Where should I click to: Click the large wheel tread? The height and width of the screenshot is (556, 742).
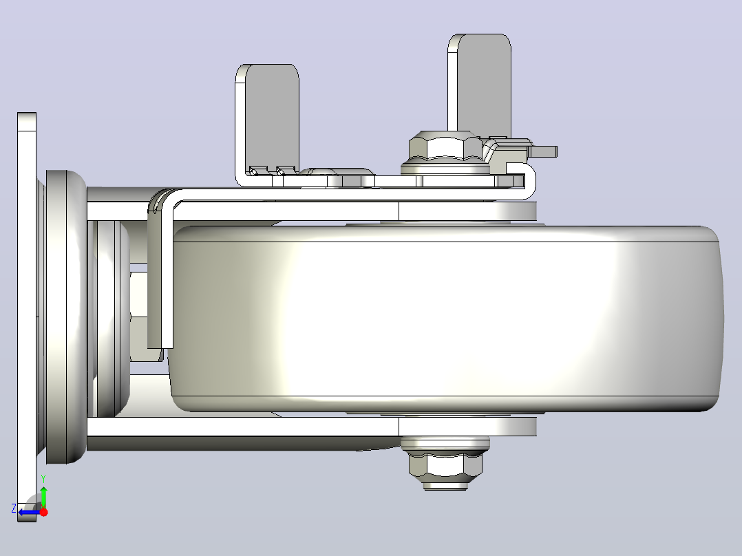(445, 319)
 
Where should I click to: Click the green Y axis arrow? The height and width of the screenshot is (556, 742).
(43, 497)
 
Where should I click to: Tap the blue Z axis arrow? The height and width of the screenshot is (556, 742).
(30, 512)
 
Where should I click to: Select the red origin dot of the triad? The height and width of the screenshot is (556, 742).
(43, 512)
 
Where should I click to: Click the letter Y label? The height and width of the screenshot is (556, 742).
(43, 479)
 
